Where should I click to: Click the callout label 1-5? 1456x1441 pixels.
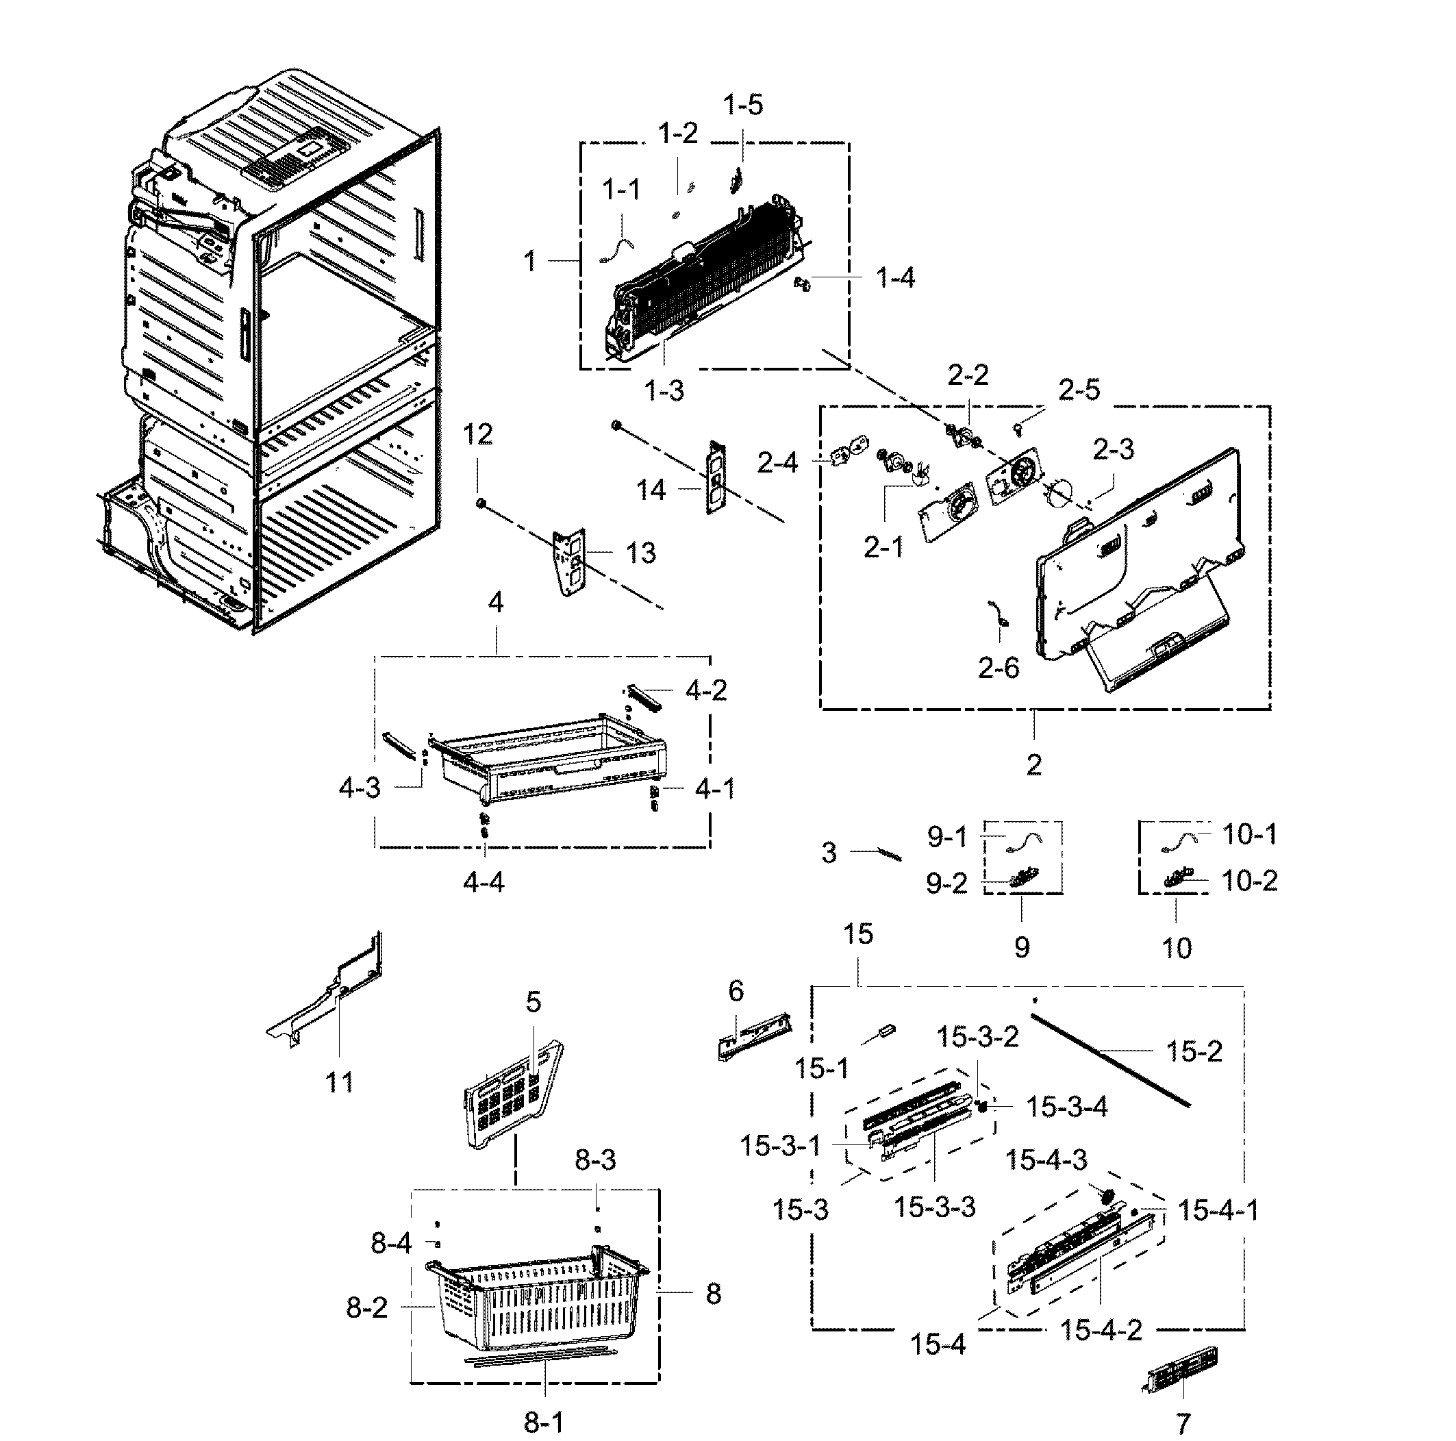(x=743, y=104)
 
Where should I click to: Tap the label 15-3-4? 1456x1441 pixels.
(x=1066, y=1107)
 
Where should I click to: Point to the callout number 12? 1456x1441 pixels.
(x=477, y=434)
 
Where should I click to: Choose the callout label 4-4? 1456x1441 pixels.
(x=483, y=881)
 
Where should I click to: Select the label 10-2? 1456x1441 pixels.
(x=1248, y=880)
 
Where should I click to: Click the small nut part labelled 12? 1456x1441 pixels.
(x=479, y=502)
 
